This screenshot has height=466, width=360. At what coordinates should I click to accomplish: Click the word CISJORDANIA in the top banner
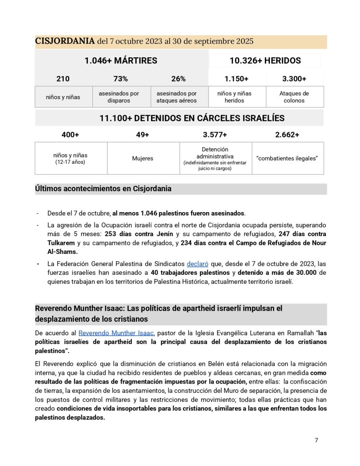(65, 41)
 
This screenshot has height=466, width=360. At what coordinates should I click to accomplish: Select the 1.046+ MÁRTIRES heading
(121, 61)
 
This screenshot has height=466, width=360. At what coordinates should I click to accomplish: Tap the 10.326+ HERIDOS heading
(265, 61)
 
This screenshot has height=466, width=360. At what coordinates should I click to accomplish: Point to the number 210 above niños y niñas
(63, 79)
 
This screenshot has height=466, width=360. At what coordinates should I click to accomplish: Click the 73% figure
(121, 79)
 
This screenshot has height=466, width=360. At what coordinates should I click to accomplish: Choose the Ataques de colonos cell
(294, 97)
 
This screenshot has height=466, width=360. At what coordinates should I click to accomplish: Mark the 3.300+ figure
(294, 79)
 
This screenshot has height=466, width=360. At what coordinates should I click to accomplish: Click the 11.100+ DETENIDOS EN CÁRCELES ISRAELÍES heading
(192, 118)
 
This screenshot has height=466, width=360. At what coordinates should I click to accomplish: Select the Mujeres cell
(143, 158)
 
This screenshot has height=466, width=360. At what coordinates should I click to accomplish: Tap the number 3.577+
(215, 135)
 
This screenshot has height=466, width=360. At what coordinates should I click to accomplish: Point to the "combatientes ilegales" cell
(287, 158)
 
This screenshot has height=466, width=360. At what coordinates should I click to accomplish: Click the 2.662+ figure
(287, 135)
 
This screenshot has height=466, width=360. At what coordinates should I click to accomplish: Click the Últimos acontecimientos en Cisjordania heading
(103, 189)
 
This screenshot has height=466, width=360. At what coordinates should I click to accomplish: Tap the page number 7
(317, 440)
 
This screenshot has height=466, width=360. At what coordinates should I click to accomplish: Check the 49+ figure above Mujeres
(142, 135)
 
